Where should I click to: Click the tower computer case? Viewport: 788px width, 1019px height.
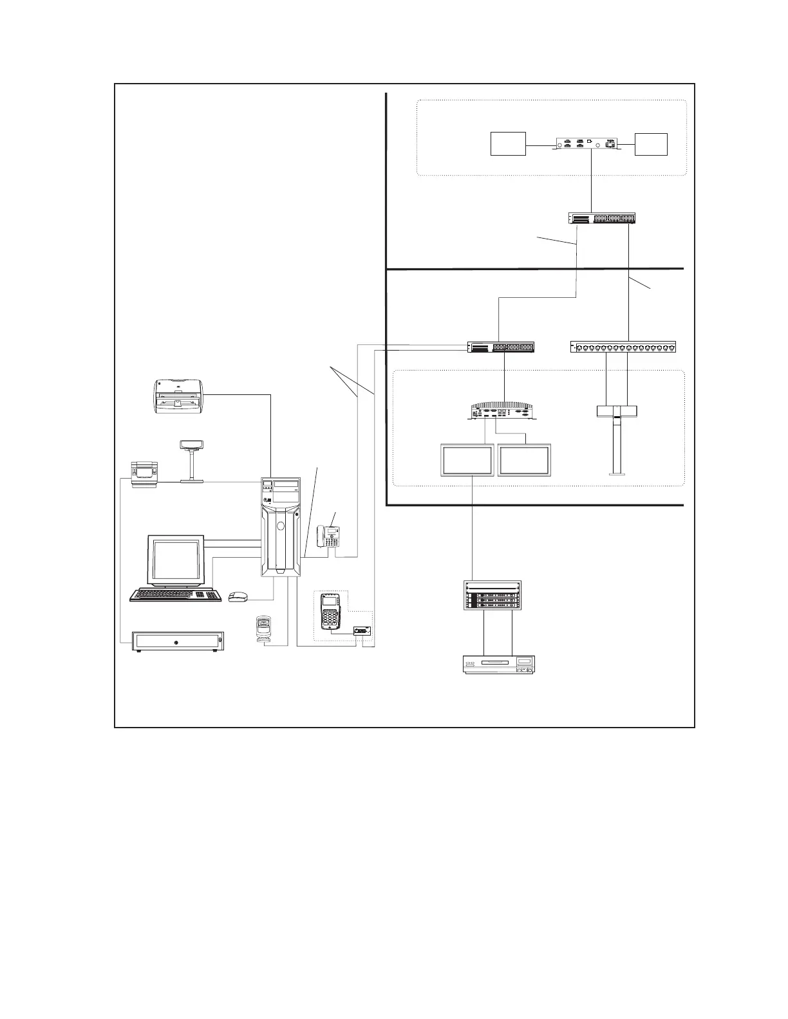(281, 527)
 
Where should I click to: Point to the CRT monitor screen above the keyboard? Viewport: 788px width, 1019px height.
(176, 560)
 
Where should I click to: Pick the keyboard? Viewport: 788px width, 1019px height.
(175, 595)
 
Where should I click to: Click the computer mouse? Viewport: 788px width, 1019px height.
(238, 596)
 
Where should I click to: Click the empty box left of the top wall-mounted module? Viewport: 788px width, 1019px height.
(508, 143)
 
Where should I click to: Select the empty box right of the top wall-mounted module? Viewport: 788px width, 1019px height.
(651, 143)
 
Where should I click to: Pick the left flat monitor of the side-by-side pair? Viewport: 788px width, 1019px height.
(466, 460)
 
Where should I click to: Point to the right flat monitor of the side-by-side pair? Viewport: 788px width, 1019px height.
(524, 460)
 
